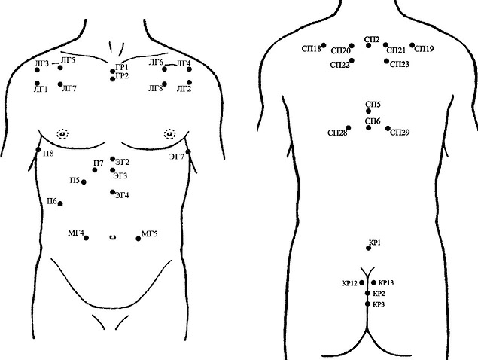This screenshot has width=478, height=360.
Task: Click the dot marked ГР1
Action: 112,71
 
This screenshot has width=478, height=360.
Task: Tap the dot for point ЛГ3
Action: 37,70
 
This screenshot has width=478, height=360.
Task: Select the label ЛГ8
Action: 156,89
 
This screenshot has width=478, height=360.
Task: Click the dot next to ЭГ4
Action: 112,192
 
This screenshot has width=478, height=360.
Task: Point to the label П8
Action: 48,154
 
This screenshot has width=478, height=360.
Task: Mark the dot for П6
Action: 60,203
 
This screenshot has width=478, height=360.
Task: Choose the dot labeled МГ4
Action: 87,238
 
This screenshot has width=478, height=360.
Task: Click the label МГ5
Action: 150,234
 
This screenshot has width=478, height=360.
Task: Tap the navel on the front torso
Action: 113,237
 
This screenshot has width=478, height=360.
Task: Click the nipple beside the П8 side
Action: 62,133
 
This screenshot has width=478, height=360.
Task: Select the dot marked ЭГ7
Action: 188,151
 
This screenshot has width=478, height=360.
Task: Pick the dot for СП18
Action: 324,45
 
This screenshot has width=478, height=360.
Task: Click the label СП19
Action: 425,49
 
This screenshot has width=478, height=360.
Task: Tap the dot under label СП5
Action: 369,111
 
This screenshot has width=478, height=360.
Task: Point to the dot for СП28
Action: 349,128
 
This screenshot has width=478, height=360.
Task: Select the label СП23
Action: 400,64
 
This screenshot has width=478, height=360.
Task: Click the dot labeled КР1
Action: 369,249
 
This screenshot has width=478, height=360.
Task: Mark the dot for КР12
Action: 362,283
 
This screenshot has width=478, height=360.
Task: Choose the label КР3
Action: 379,304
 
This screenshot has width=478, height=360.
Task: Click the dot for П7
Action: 95,170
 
